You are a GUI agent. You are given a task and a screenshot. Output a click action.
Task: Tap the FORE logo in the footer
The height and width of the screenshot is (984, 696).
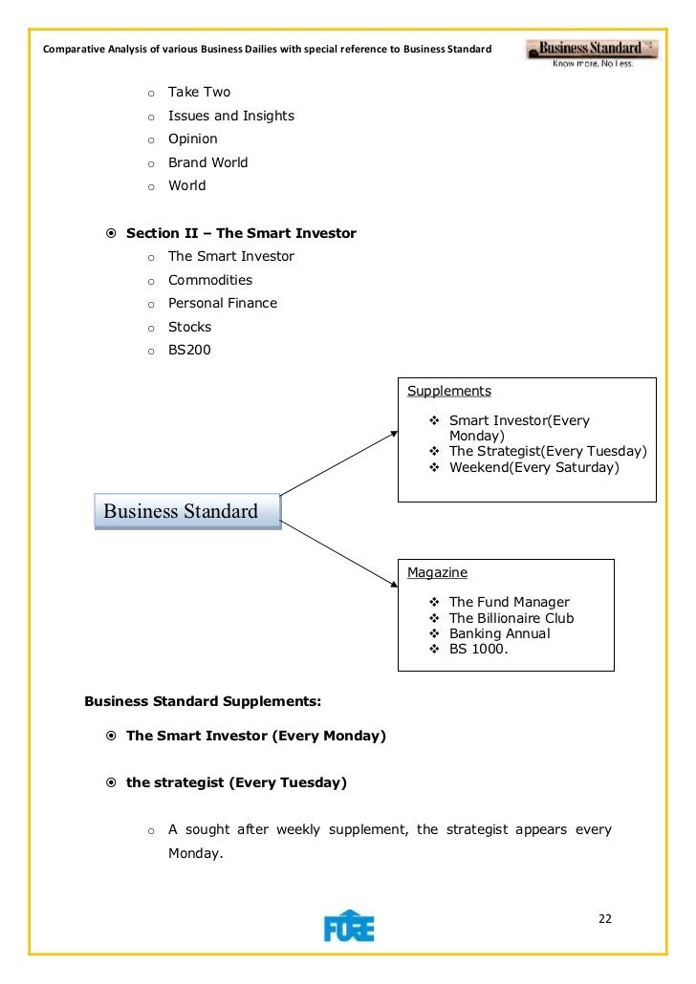click(x=349, y=925)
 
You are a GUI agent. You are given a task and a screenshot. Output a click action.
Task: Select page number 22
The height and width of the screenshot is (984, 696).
click(x=604, y=919)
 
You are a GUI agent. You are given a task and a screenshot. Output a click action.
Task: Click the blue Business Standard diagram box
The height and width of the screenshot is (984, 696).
click(x=187, y=511)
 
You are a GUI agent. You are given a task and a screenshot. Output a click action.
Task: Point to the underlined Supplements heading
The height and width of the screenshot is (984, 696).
click(x=449, y=391)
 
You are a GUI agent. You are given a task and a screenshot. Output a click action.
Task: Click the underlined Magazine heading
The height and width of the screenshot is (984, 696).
click(x=437, y=572)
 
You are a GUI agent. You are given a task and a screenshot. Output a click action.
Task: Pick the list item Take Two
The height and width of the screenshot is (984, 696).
click(x=199, y=93)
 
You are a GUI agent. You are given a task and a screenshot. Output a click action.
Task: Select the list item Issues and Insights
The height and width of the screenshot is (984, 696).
click(x=230, y=116)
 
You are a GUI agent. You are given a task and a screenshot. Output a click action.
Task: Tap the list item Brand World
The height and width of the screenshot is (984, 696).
click(x=207, y=162)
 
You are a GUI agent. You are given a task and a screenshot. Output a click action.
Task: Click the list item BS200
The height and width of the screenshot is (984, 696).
click(x=189, y=350)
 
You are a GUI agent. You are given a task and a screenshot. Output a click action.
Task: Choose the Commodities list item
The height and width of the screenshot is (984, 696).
click(x=210, y=280)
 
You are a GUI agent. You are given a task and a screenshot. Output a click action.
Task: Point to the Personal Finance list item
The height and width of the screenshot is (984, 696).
click(x=223, y=303)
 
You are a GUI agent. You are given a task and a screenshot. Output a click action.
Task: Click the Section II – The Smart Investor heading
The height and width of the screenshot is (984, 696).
click(x=241, y=233)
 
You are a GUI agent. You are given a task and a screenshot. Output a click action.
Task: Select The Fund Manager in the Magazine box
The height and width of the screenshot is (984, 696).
click(x=509, y=602)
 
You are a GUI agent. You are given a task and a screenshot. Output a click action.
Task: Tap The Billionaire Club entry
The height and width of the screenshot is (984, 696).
click(x=511, y=618)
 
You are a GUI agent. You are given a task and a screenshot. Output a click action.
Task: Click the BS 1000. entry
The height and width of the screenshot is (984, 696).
click(x=479, y=650)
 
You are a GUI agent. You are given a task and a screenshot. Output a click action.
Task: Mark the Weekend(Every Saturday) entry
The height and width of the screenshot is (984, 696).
click(x=533, y=467)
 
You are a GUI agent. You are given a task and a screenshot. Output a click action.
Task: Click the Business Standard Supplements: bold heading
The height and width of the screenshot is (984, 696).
click(x=203, y=700)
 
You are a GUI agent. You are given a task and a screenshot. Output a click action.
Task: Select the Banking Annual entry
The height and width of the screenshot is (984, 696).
click(x=499, y=633)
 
